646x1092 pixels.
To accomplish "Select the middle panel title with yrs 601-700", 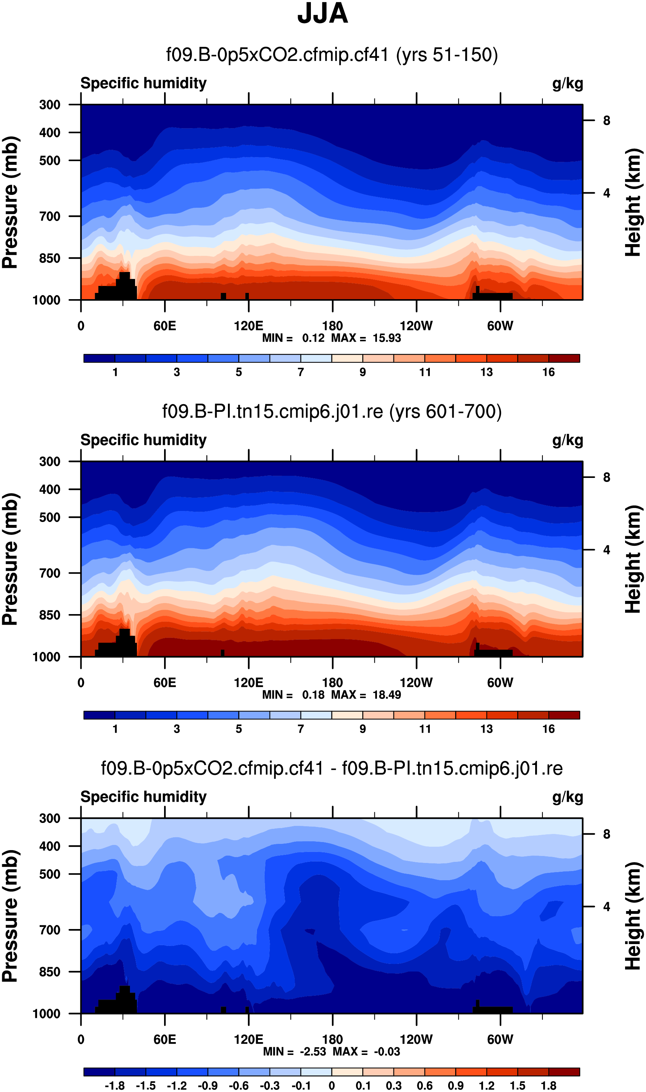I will click(332, 411).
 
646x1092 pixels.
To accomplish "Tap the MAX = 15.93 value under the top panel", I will click(366, 338).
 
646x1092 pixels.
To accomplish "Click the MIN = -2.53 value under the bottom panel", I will click(295, 1052).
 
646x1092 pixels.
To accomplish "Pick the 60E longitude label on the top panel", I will click(164, 326).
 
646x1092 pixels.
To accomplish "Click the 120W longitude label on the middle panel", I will click(416, 682).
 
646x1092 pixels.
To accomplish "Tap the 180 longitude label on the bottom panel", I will click(333, 1040).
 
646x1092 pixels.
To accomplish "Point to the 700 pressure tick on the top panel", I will click(50, 216).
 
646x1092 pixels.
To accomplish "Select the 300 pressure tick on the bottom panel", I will click(50, 818).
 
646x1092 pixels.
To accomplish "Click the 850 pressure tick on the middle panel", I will click(50, 615).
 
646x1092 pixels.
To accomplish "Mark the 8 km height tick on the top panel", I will click(606, 120).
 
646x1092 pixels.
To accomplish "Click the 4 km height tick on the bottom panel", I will click(606, 907).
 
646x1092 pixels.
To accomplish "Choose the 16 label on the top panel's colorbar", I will click(548, 372).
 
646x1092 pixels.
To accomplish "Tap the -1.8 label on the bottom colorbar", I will click(115, 1085).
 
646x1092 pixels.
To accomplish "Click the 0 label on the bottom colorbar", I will click(332, 1085).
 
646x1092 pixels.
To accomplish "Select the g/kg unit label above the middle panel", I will click(568, 440).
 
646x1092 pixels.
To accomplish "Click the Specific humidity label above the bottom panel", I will click(143, 797).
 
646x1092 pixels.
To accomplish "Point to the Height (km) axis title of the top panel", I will click(634, 202).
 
